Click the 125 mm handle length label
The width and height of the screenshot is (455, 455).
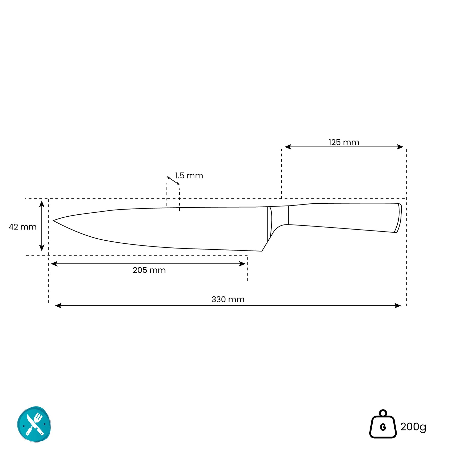[344, 142]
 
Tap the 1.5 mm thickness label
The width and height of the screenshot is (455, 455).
[189, 175]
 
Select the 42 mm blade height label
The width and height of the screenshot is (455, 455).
[22, 227]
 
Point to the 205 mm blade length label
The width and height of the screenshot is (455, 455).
[149, 270]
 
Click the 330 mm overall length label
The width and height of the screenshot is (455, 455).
[228, 299]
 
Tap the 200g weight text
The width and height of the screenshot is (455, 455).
[413, 427]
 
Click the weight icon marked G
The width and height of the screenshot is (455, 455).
[383, 424]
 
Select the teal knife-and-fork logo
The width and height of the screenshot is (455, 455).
[34, 424]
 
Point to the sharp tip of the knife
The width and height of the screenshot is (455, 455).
[53, 221]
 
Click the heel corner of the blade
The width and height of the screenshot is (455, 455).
[262, 251]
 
